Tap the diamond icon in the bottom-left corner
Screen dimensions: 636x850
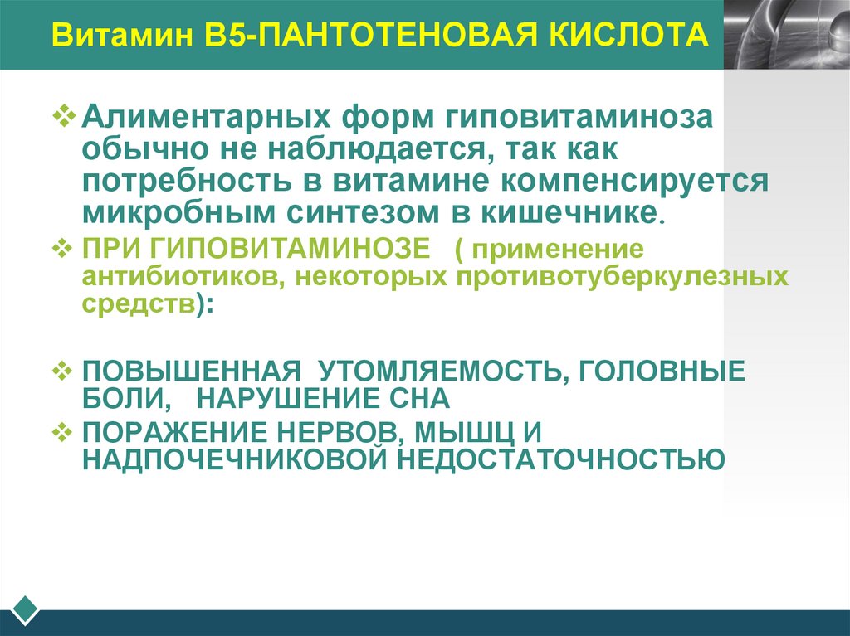pos(26,609)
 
